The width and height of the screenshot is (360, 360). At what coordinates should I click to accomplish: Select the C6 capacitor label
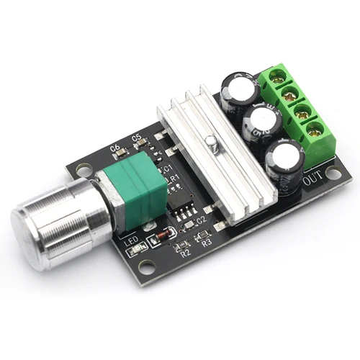(114, 148)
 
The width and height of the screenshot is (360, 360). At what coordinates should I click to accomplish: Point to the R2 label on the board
(185, 253)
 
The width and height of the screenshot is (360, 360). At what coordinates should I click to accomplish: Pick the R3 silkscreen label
(207, 243)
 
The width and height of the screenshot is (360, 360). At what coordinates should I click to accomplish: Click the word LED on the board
(132, 243)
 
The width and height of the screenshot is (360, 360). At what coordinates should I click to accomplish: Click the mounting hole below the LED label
(147, 266)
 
